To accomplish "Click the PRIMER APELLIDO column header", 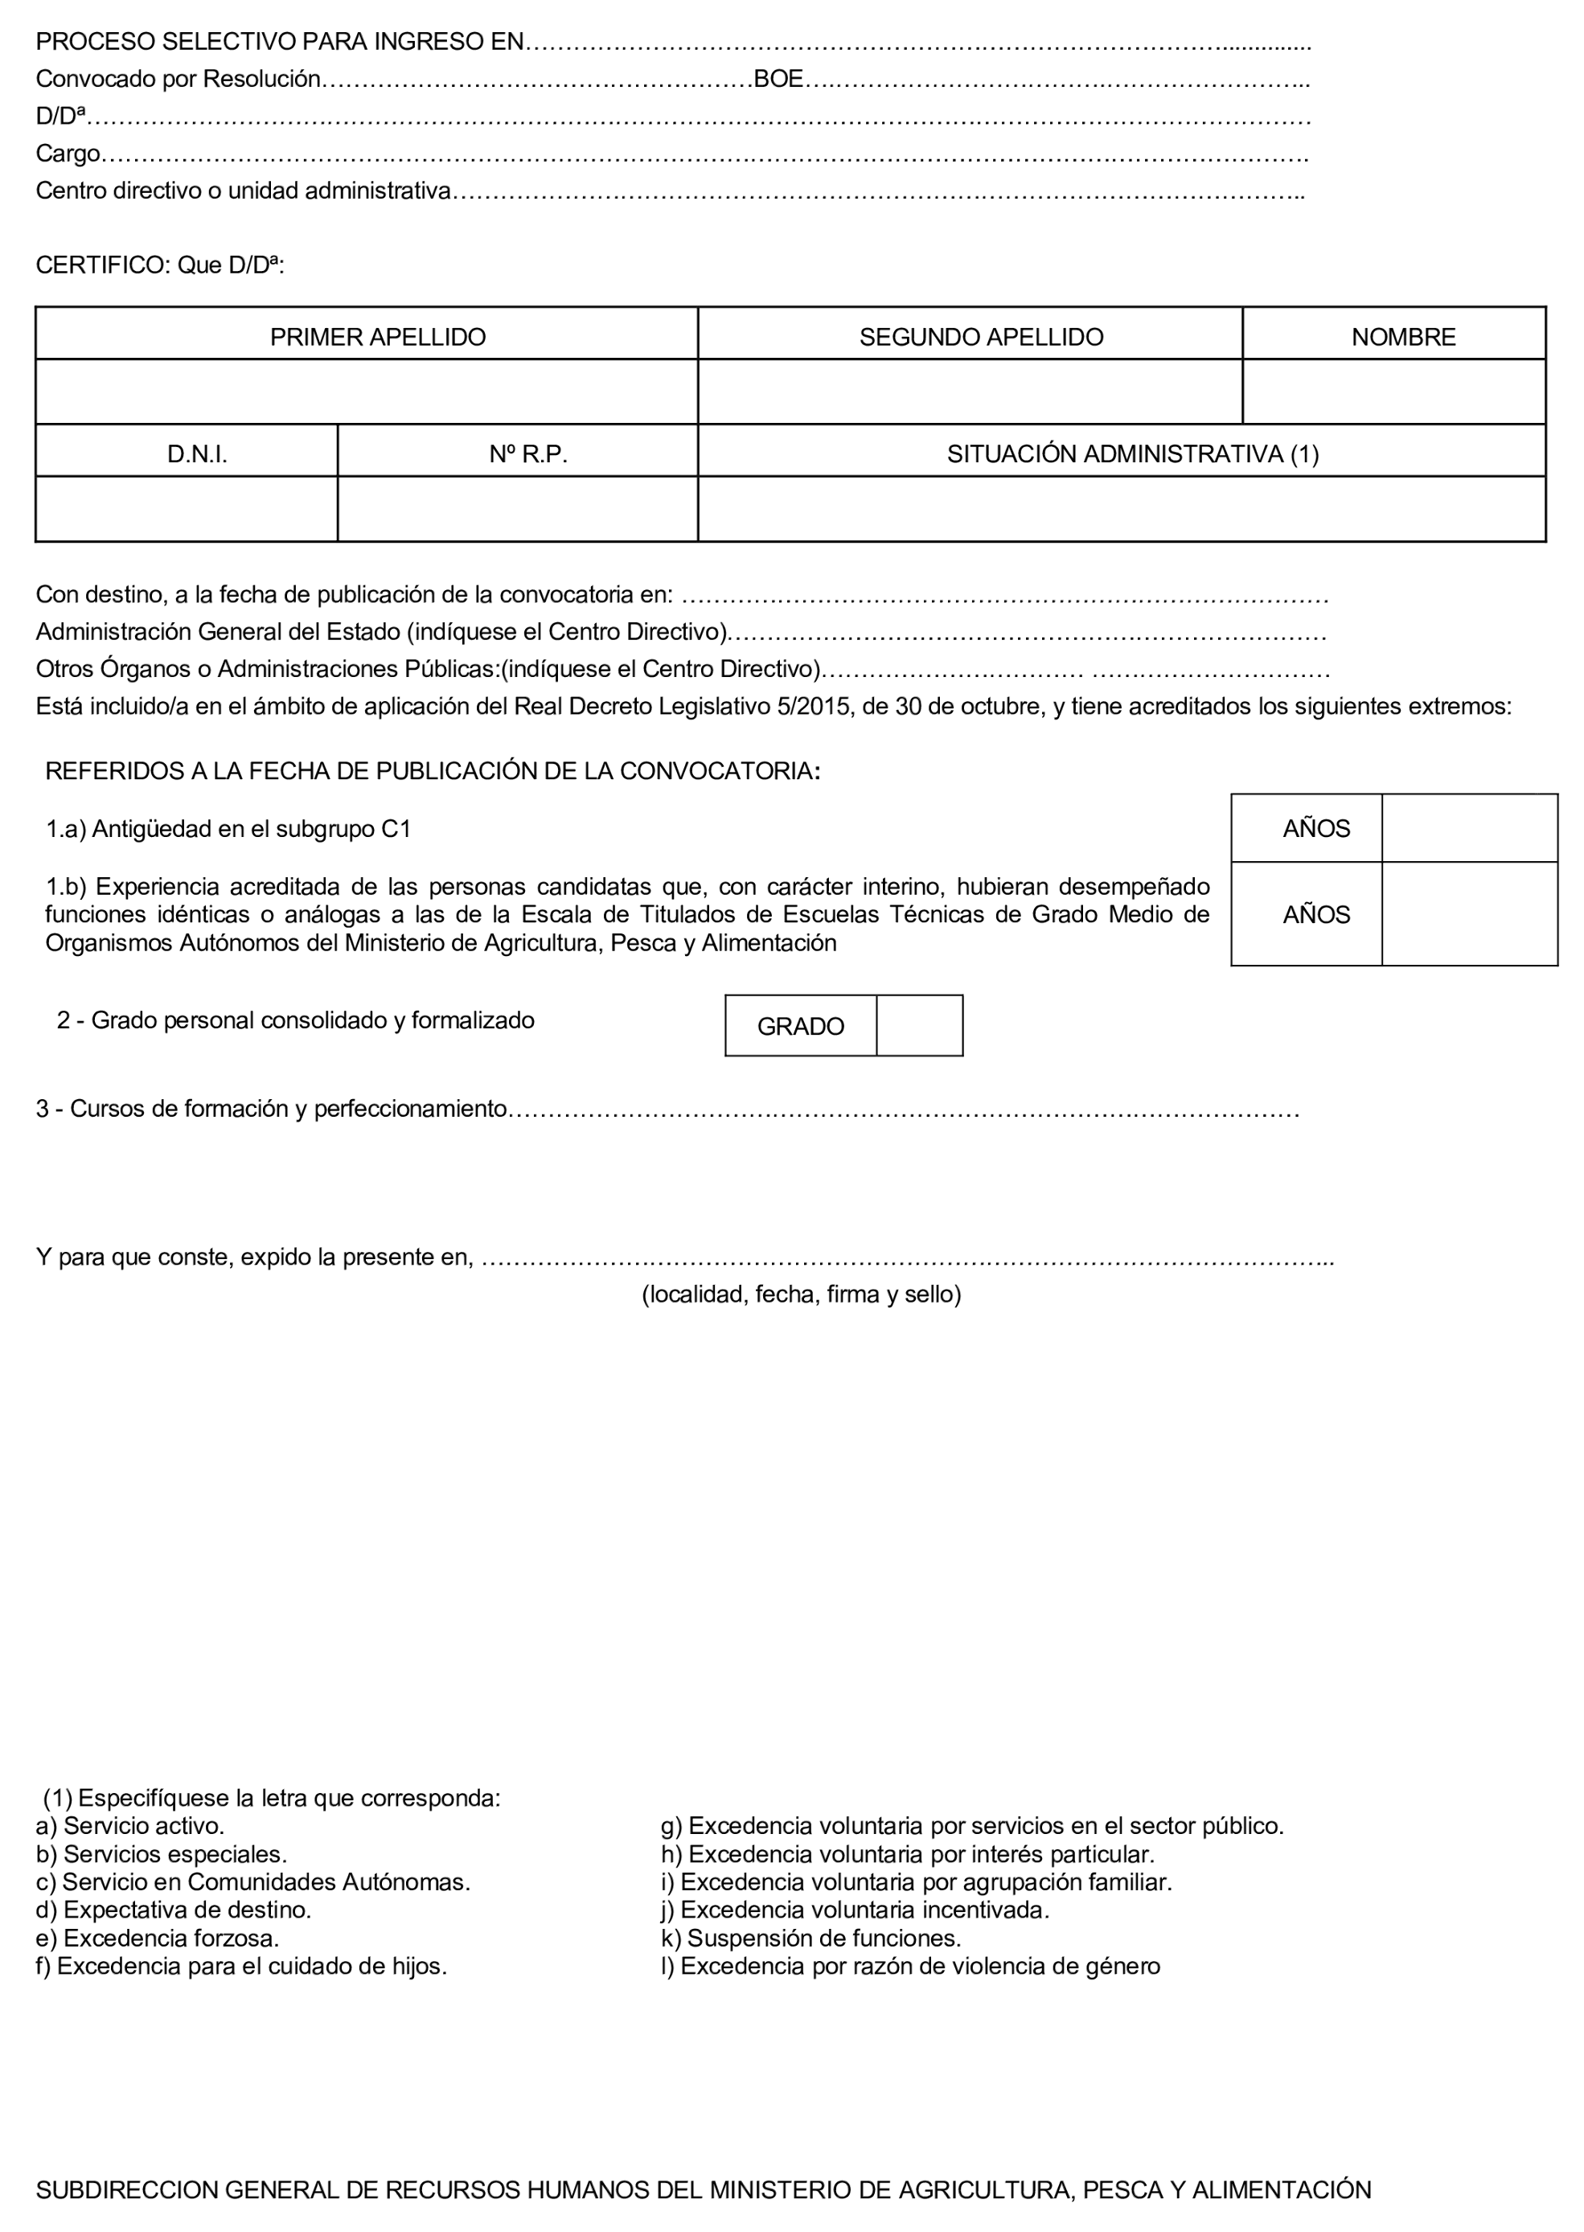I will coord(377,338).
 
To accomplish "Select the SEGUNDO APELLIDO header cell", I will coord(980,338).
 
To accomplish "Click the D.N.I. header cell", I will coord(197,454).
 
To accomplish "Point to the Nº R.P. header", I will coord(527,454).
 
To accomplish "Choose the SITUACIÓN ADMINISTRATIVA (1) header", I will coord(1132,454).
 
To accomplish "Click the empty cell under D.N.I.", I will coord(187,509).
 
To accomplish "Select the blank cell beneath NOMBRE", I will coord(1393,392).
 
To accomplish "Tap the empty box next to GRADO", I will coord(919,1026).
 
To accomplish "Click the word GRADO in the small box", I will coord(800,1027).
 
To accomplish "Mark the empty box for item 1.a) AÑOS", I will coord(1469,829).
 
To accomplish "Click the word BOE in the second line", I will coord(778,80).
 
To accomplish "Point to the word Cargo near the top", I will coord(68,154).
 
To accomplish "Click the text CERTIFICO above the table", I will coord(102,265).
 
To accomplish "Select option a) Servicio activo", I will coord(131,1825).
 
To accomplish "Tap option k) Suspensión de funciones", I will coord(811,1938).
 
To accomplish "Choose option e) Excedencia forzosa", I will coord(158,1938).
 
